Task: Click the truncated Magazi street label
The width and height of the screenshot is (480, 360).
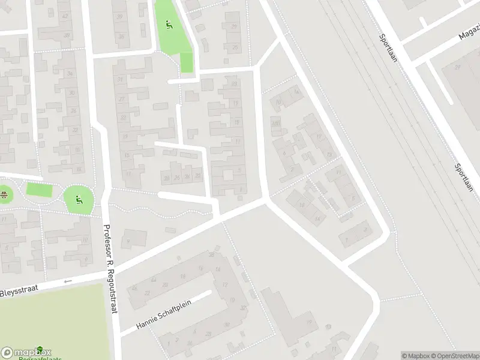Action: coord(469,32)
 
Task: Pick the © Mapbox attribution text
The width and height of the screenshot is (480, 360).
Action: coord(416,355)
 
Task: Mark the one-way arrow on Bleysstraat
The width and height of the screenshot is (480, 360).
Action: coord(67,281)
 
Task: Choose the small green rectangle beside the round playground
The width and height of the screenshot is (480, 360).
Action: coord(39,190)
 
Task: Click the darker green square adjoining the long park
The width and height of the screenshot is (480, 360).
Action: coord(187,62)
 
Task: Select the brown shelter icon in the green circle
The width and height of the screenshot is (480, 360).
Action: coord(4,194)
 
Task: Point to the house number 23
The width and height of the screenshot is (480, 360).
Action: coord(234,84)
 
